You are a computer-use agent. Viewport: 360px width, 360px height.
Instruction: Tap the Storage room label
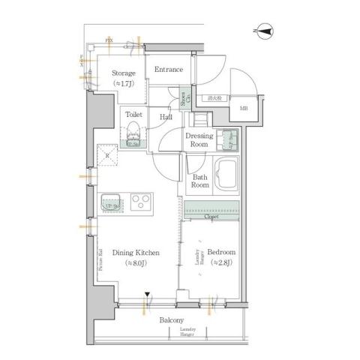pos(124,73)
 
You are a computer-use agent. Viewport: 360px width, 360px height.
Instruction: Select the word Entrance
pos(168,70)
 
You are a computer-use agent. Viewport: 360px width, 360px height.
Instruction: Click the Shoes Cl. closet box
pos(184,97)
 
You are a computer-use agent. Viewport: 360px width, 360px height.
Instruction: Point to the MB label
pos(243,109)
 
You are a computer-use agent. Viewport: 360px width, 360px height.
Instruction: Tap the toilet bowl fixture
pos(134,135)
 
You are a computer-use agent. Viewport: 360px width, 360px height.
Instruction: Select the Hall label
pos(166,117)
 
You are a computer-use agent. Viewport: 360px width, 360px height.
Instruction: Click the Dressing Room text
pos(199,140)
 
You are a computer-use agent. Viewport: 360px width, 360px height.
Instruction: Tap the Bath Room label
pos(199,181)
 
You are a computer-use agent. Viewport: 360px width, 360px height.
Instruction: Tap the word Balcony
pos(171,320)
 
